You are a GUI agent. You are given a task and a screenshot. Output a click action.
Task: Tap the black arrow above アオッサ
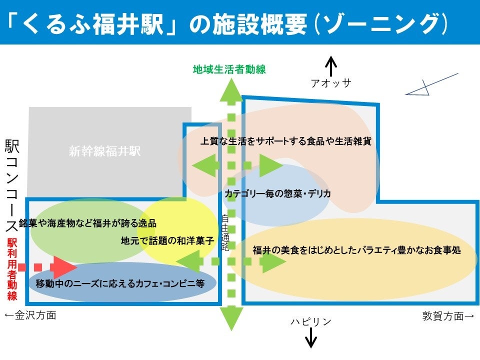331,66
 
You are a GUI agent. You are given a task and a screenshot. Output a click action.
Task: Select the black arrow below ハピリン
311,338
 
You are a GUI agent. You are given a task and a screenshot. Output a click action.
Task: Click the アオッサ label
331,83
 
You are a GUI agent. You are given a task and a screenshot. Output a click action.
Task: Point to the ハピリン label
311,321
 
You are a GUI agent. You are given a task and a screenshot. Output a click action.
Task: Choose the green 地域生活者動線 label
229,70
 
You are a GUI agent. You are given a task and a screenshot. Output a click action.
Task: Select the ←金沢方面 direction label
30,315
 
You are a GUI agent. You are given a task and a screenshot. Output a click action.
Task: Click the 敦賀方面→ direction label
447,316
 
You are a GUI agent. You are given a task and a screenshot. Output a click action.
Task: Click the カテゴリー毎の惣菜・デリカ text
277,193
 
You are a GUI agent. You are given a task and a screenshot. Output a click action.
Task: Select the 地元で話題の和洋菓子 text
167,240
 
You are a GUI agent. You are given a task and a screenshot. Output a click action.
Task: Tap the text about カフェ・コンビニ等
120,283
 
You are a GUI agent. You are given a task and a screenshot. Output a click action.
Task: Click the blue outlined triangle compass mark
420,89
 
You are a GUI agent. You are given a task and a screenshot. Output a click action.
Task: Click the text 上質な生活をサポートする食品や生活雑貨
285,141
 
